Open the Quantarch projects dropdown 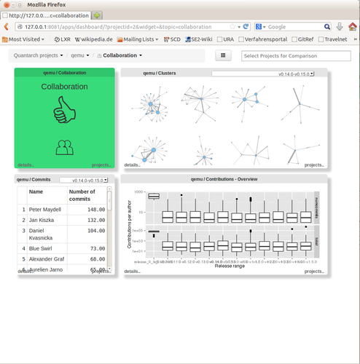39,55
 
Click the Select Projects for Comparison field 289,55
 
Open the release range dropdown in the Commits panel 84,179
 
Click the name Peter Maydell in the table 46,209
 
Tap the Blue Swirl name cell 42,248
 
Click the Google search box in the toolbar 291,26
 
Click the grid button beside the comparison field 224,55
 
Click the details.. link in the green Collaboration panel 26,165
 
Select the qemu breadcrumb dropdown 79,55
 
